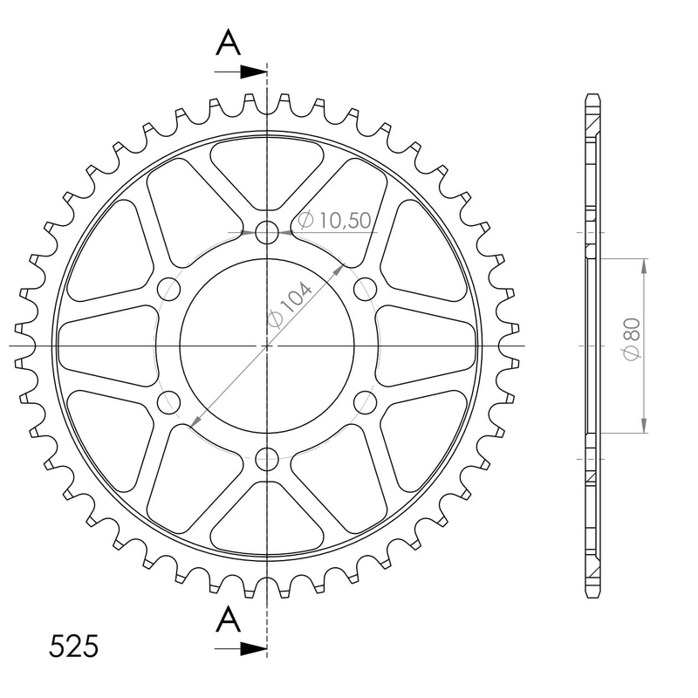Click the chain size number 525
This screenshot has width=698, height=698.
coord(73,646)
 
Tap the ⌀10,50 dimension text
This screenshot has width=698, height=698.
coord(334,220)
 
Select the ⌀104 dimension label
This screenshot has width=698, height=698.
coord(291,304)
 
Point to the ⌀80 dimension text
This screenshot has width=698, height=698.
coord(632,339)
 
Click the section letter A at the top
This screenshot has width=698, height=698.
coord(229,43)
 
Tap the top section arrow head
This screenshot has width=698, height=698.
coord(253,72)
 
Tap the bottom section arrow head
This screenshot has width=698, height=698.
coord(253,648)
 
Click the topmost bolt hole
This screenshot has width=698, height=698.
coord(267,232)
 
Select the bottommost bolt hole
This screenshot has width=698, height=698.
coord(267,459)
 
